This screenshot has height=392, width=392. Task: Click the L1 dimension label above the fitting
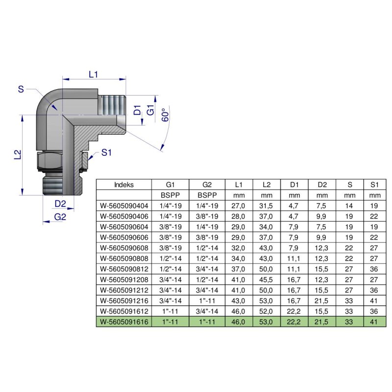pyautogui.click(x=94, y=74)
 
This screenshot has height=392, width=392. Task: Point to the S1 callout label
pyautogui.click(x=107, y=152)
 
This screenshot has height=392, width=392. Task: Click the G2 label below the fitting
pyautogui.click(x=60, y=217)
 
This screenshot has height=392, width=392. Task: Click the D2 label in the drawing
pyautogui.click(x=60, y=203)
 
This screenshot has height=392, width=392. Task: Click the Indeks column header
pyautogui.click(x=123, y=185)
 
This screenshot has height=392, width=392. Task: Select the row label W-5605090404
pyautogui.click(x=124, y=206)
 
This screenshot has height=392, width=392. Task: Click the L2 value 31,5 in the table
pyautogui.click(x=267, y=206)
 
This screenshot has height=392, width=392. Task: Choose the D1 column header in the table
pyautogui.click(x=294, y=185)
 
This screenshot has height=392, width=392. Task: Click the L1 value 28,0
pyautogui.click(x=239, y=217)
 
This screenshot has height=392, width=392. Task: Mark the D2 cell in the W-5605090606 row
pyautogui.click(x=322, y=237)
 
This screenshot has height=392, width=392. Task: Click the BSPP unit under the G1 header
pyautogui.click(x=171, y=196)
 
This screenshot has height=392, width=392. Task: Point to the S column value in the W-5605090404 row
pyautogui.click(x=350, y=206)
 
